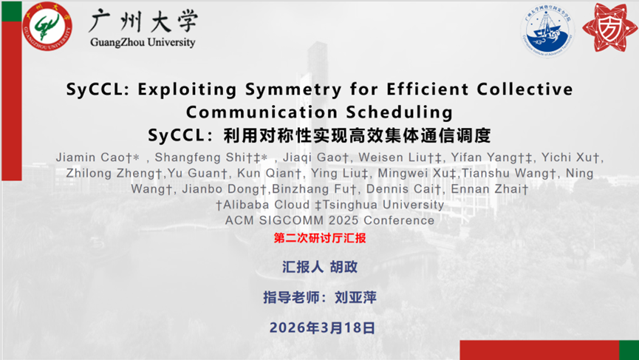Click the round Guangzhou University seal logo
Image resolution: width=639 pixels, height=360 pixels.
point(47,26)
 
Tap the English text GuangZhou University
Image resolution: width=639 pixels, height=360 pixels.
point(143,42)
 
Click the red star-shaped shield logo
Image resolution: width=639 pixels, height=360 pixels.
point(609,28)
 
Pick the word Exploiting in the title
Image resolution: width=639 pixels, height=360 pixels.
point(187,89)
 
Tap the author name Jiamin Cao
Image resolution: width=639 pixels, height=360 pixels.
point(91,157)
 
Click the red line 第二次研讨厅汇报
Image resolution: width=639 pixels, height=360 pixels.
point(320,238)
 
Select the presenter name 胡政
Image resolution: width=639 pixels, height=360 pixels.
point(344,267)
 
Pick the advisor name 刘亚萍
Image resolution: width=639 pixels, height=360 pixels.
point(355,298)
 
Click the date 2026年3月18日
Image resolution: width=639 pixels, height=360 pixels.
point(322,327)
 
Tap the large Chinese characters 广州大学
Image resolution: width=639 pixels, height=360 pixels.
point(143,21)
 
